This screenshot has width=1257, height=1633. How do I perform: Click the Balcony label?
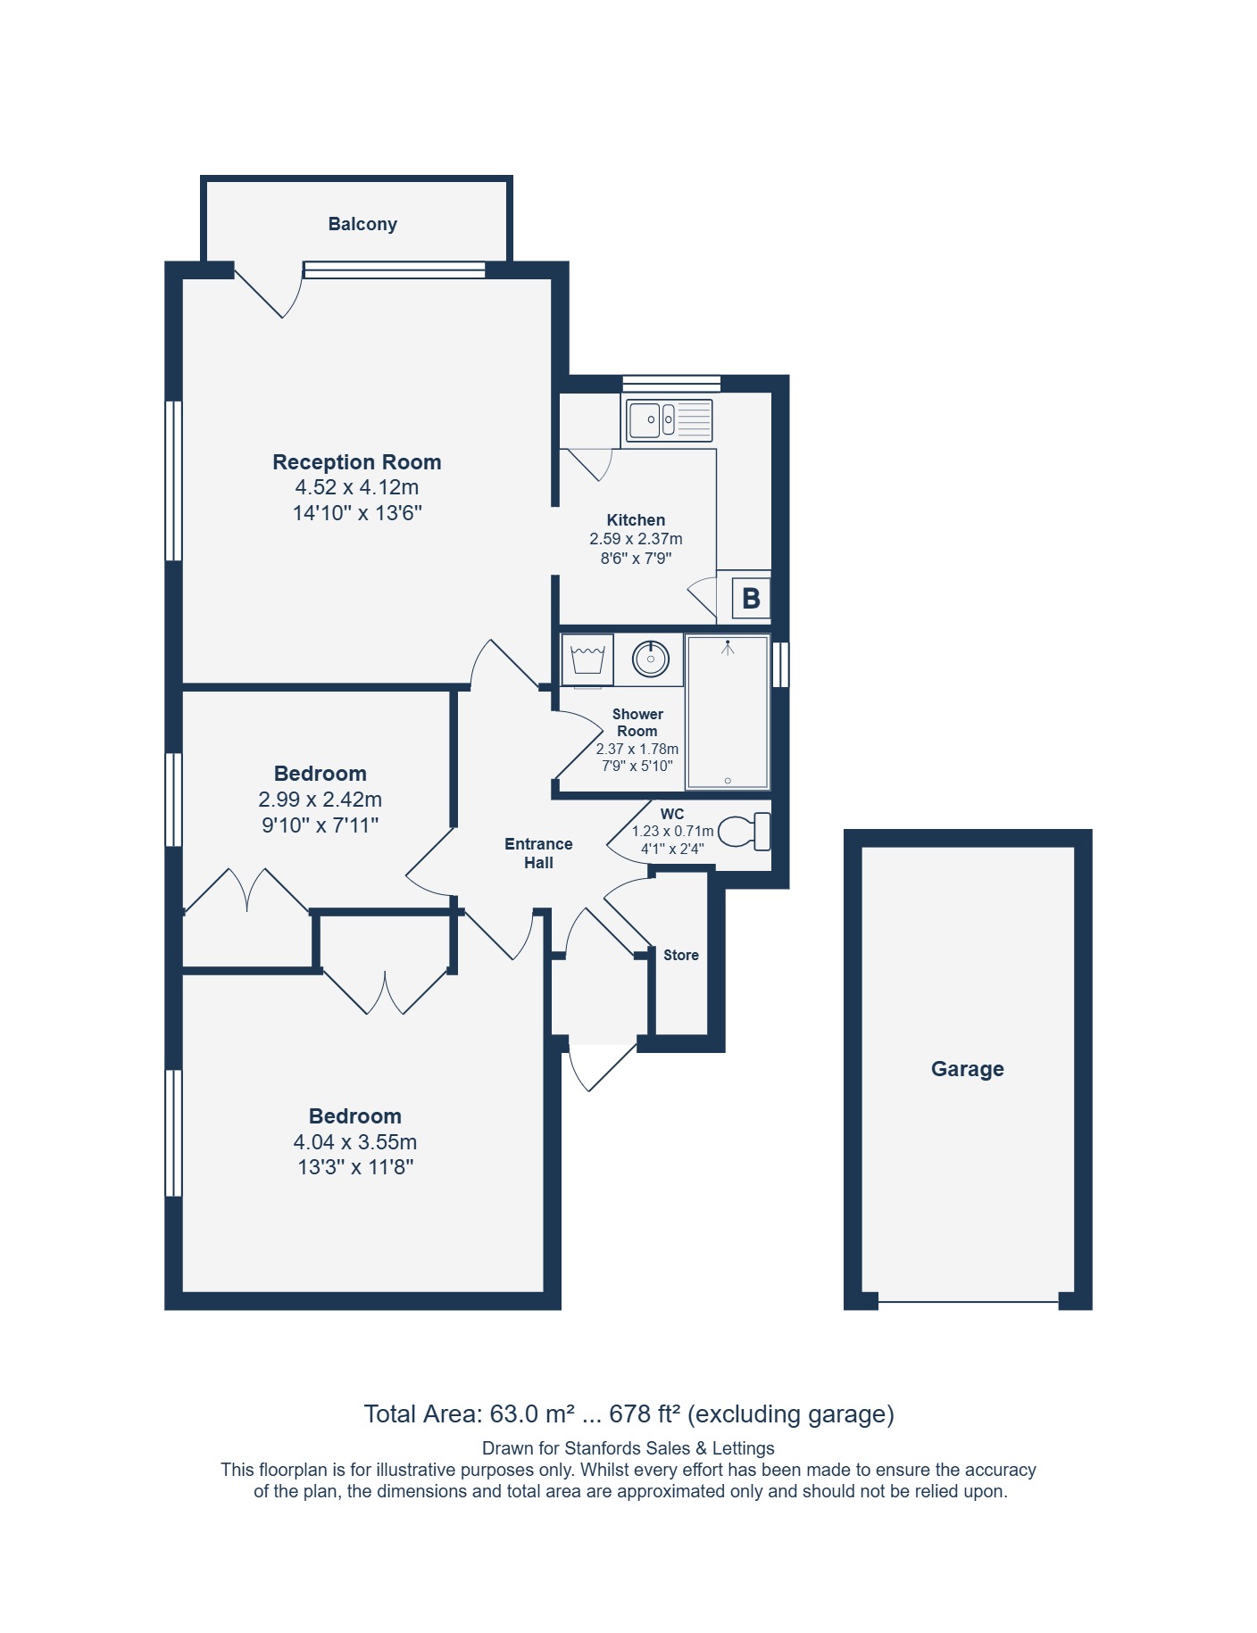coord(362,224)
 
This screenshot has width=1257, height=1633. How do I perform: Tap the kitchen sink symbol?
coord(670,420)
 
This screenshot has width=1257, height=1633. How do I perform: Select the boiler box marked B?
coord(751,598)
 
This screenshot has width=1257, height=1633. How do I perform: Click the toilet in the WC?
coord(744,831)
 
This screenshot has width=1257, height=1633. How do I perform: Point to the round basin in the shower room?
coord(651,659)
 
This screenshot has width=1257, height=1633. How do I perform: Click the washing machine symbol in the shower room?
coord(587,659)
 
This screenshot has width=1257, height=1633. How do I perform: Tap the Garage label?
coord(968,1069)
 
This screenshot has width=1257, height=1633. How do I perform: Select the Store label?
coord(681,955)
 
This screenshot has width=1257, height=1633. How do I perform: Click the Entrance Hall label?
coord(538,853)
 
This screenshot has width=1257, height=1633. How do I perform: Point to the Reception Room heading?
coord(357,462)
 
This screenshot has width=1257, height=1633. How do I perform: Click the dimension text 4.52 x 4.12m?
coord(357,487)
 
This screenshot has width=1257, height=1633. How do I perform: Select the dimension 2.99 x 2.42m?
coord(320,800)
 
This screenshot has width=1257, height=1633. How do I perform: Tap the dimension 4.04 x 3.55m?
coord(355,1142)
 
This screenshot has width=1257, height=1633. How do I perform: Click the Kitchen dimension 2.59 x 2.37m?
coord(636,539)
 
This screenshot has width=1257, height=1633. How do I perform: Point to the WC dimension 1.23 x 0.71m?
coord(673,831)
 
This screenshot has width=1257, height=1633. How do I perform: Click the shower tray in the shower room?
coord(728,712)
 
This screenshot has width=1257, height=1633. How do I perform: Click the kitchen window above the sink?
coord(671,384)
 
